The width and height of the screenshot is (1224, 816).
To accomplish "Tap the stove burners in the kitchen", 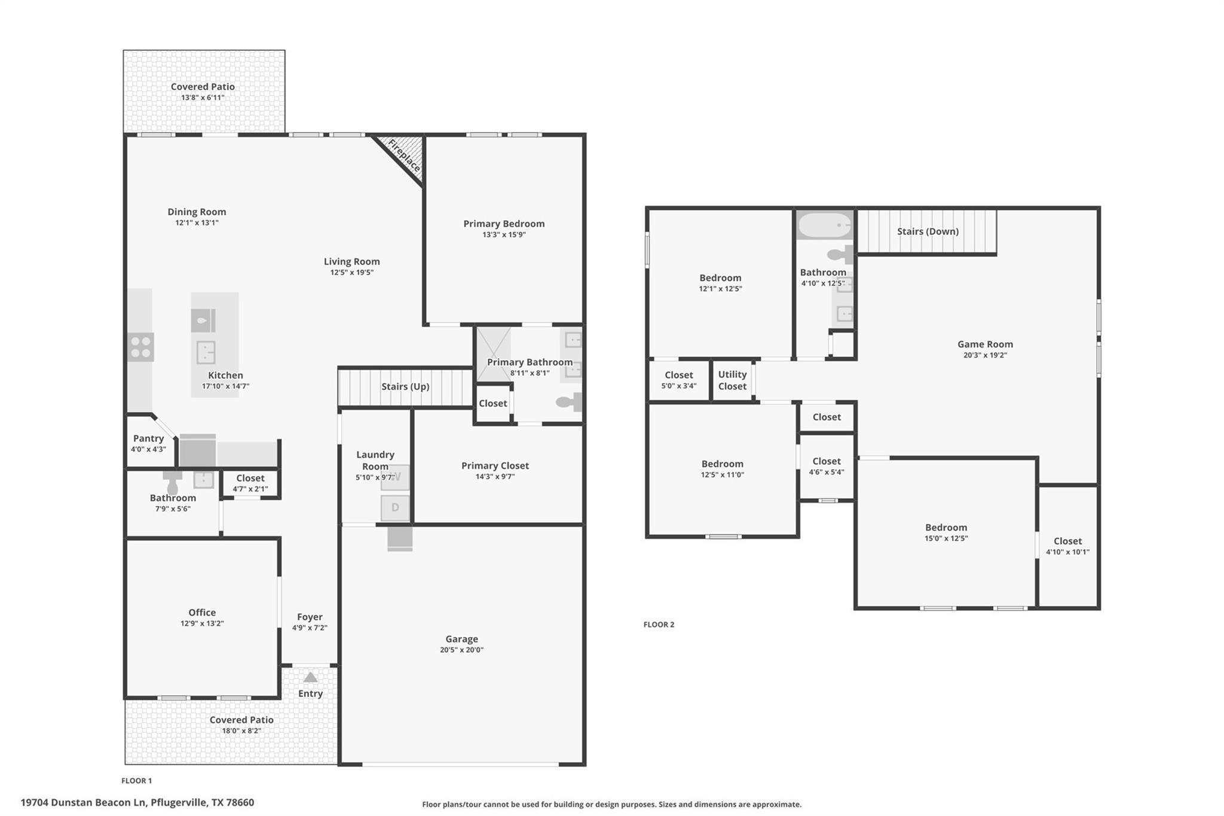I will [141, 348].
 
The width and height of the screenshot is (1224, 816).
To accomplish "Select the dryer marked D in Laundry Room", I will [395, 508].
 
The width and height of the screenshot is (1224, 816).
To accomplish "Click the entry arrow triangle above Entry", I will [310, 677].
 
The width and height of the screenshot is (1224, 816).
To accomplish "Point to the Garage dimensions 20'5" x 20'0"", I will [461, 650].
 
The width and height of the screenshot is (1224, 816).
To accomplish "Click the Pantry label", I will [148, 439].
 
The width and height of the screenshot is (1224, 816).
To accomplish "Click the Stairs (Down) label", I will [928, 232].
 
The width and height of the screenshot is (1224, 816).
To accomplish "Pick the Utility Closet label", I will [732, 380].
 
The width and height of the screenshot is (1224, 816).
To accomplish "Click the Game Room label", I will [985, 344].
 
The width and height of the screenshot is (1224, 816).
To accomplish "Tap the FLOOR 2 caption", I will [659, 625].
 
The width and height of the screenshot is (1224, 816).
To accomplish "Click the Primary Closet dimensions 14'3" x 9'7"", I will [495, 477].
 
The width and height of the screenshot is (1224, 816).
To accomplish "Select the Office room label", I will [202, 613].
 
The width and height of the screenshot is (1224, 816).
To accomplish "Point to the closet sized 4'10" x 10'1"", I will [1067, 546].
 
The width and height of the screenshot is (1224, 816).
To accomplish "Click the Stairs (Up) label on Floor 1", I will [405, 386].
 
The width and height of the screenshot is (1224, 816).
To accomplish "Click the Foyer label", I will [310, 617].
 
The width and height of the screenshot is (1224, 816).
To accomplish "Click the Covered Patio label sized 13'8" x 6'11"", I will [203, 87].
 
